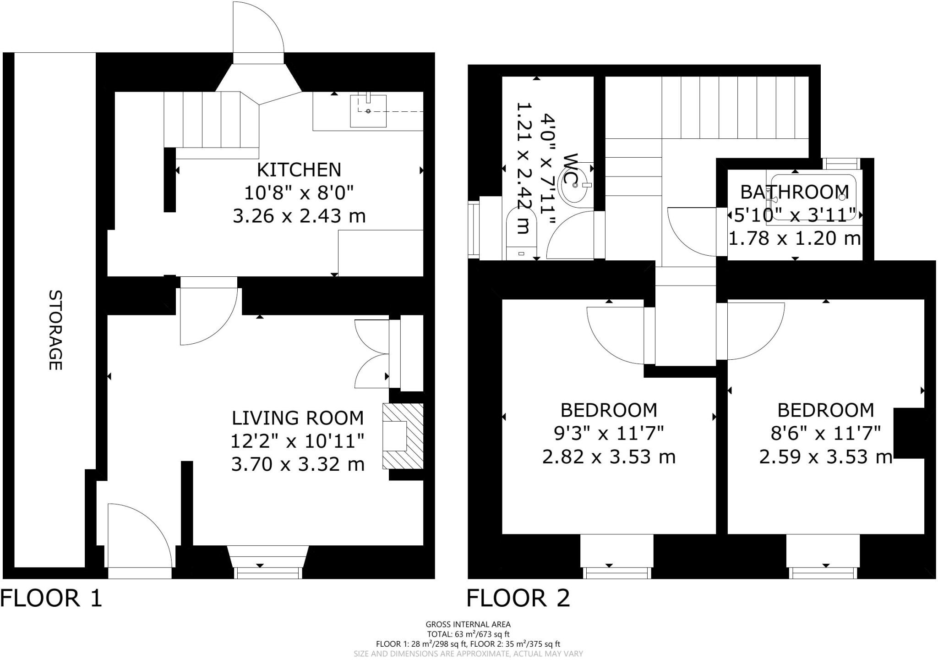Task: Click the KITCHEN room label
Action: (x=299, y=170)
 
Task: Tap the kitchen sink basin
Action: (x=368, y=111)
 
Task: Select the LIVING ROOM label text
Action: (x=298, y=418)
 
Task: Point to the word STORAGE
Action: (x=55, y=330)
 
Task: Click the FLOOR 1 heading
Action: (x=51, y=598)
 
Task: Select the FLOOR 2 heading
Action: (x=518, y=598)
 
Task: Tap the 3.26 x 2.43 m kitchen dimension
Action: (x=299, y=216)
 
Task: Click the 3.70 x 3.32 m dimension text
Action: (x=298, y=464)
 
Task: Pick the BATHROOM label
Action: (x=795, y=192)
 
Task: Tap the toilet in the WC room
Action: (x=522, y=234)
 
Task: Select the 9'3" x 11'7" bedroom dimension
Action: (x=609, y=433)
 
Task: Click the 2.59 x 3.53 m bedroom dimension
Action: (x=825, y=456)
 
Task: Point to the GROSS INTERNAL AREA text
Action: (x=468, y=624)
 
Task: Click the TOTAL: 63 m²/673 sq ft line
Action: (x=468, y=634)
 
